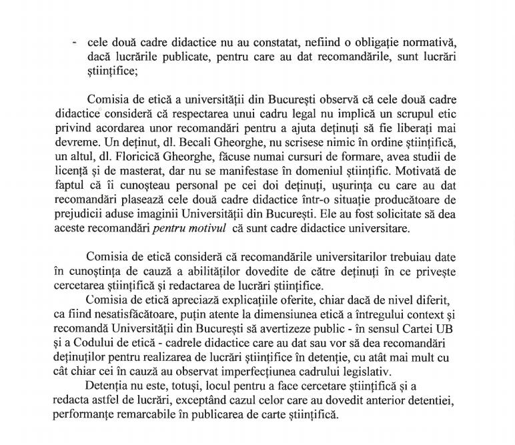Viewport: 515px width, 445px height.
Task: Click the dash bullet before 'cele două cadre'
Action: [x=74, y=42]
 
